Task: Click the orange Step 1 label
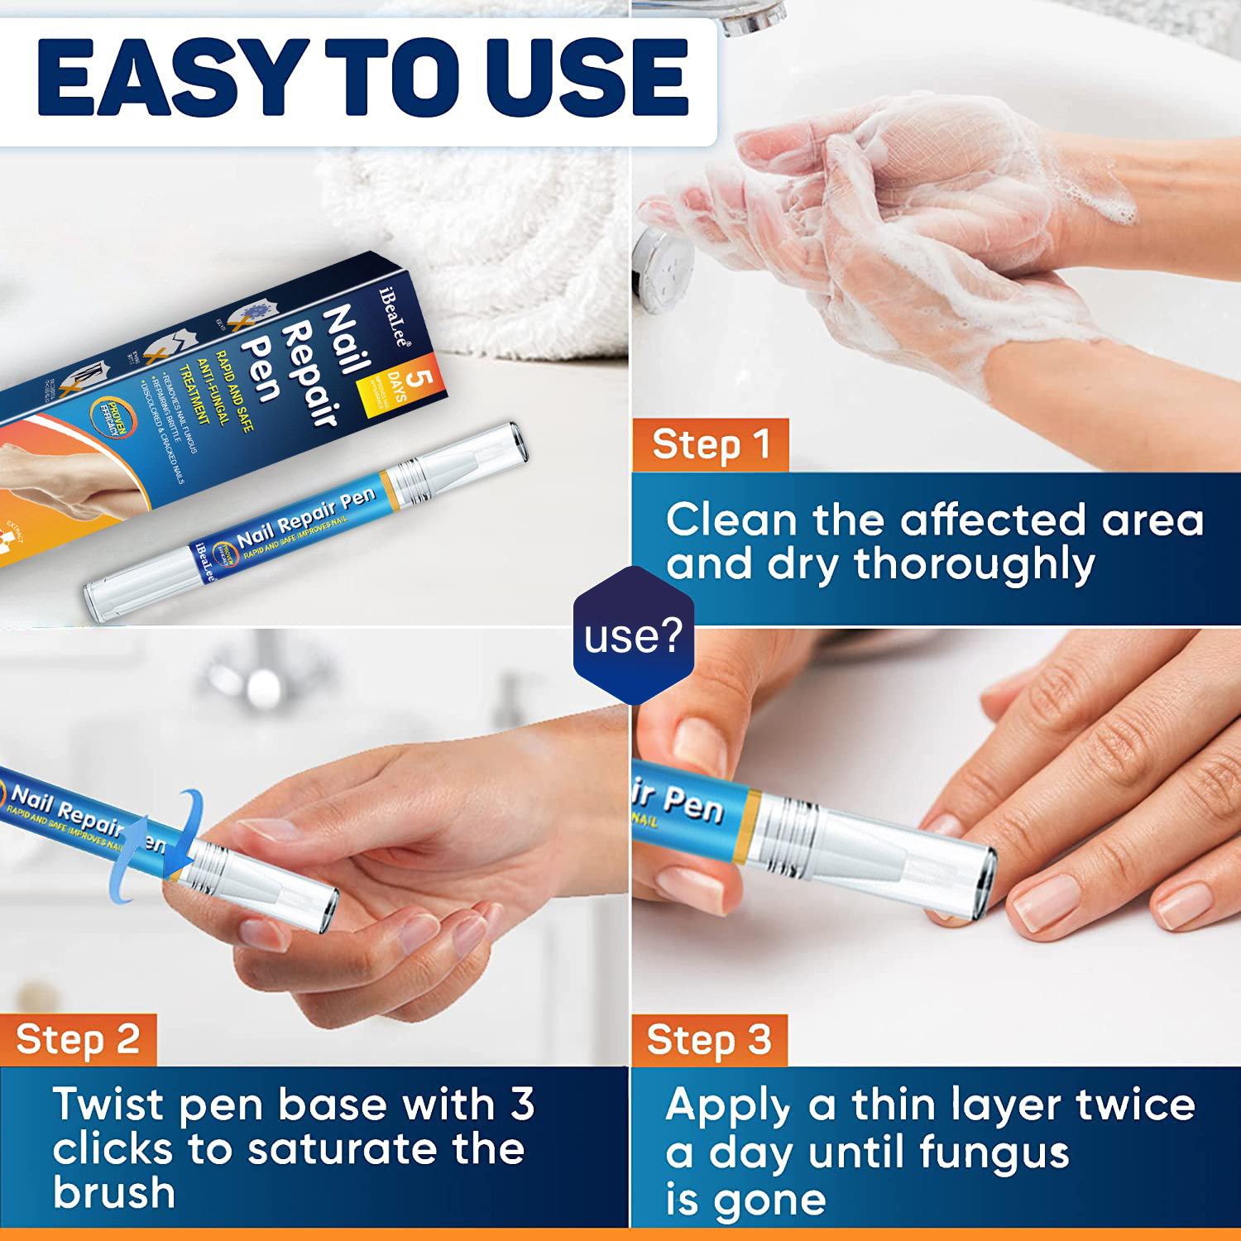point(710,445)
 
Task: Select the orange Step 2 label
point(78,1040)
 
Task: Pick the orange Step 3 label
point(709,1040)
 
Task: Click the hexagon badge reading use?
point(633,635)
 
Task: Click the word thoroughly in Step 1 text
point(974,565)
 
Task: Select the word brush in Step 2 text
point(114,1192)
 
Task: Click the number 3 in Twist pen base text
point(522,1104)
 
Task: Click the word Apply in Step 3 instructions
point(728,1105)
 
